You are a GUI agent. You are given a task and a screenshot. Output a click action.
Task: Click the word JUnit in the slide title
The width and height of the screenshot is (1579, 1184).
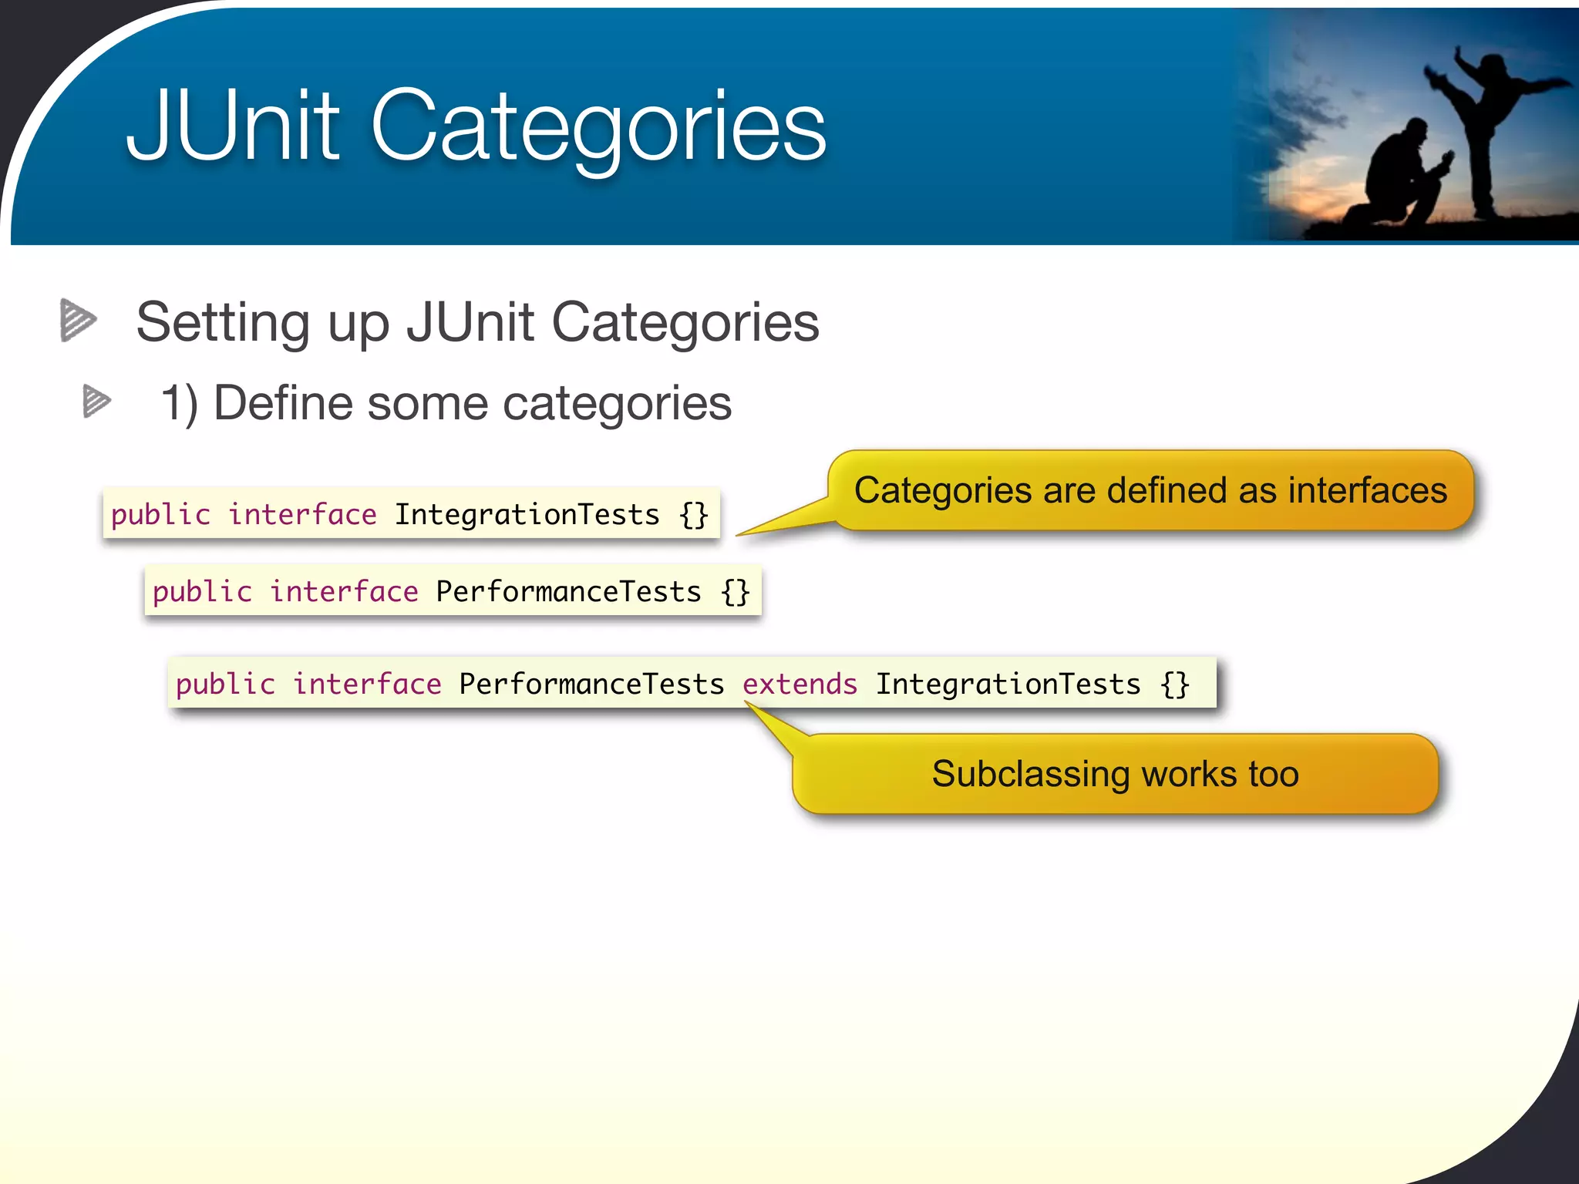click(x=231, y=127)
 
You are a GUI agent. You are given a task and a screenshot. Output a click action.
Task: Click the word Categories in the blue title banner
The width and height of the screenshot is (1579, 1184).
click(x=598, y=127)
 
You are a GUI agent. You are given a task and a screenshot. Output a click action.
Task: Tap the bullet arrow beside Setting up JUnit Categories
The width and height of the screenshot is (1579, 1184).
click(x=78, y=320)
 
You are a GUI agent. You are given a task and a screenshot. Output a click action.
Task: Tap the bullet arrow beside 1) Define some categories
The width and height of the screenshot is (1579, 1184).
click(x=96, y=402)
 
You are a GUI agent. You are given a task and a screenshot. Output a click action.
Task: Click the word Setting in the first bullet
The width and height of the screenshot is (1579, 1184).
click(x=224, y=322)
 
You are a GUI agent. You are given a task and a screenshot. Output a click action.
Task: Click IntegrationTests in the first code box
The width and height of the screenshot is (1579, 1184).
click(x=527, y=514)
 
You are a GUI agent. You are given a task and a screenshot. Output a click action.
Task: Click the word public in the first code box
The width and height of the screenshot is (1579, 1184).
click(x=160, y=514)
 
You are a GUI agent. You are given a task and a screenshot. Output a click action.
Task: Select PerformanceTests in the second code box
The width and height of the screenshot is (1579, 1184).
click(x=568, y=591)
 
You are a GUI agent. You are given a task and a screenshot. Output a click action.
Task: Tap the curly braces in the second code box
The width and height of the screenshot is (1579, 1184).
click(x=736, y=591)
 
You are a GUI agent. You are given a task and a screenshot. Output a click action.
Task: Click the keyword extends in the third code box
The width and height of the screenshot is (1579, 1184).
click(x=800, y=684)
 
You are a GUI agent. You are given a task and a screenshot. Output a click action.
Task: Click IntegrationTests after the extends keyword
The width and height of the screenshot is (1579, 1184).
click(x=1008, y=684)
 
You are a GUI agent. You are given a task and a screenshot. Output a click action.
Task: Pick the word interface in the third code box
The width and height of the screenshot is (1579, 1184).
click(x=367, y=684)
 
